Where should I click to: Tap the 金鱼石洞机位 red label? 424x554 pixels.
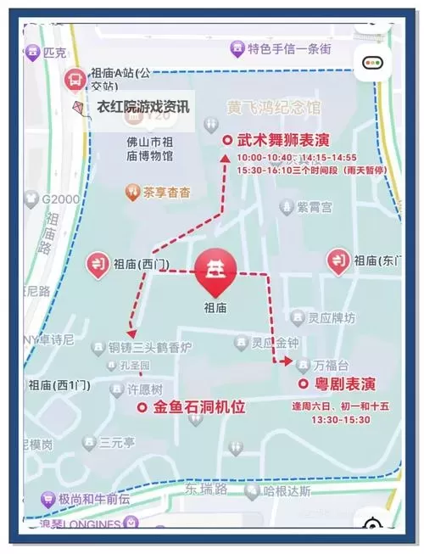point(198,407)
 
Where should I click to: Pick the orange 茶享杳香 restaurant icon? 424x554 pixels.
point(132,192)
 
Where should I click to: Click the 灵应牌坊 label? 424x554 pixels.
point(332,319)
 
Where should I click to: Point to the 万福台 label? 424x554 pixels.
point(331,365)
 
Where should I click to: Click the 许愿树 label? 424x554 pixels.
point(143,390)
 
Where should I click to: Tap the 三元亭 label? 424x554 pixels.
point(117,442)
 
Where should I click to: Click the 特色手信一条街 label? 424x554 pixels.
point(289,49)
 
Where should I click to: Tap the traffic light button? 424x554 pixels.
point(372,63)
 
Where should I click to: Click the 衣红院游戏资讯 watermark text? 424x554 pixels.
point(143,108)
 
